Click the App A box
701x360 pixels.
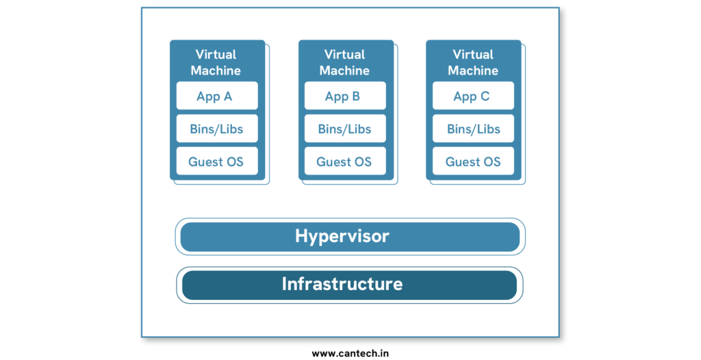217,96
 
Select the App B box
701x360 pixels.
345,96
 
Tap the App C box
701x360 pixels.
473,96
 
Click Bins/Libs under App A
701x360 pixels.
217,129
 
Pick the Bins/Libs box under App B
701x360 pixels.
345,129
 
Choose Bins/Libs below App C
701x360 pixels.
473,129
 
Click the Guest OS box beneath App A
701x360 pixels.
217,162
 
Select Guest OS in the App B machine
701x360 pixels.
345,162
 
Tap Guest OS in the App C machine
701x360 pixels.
473,162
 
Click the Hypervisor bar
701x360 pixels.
350,237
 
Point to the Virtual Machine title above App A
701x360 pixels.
216,62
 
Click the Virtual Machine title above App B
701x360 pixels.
344,62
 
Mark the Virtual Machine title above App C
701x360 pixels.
473,62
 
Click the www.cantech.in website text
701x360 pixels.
350,353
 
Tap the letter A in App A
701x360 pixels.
227,97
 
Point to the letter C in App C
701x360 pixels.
485,97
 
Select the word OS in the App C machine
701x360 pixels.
492,162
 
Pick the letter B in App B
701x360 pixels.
355,97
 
